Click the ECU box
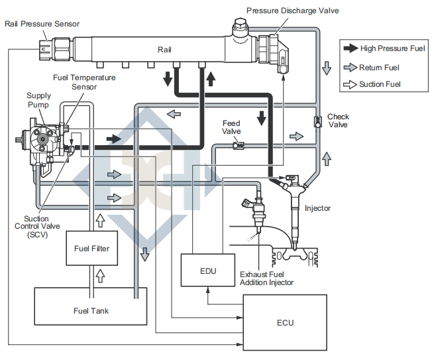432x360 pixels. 286,322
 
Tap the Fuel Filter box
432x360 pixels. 91,249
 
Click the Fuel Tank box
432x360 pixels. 91,310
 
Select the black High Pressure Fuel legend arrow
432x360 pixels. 350,48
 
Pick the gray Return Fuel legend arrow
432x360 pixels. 350,67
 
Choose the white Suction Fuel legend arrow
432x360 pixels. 350,84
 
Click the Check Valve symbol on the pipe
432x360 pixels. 317,121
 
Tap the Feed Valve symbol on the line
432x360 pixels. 241,145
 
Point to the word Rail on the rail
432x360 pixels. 165,49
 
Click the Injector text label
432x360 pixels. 317,208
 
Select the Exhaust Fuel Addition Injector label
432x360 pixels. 266,278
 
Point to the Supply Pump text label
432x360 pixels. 38,101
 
